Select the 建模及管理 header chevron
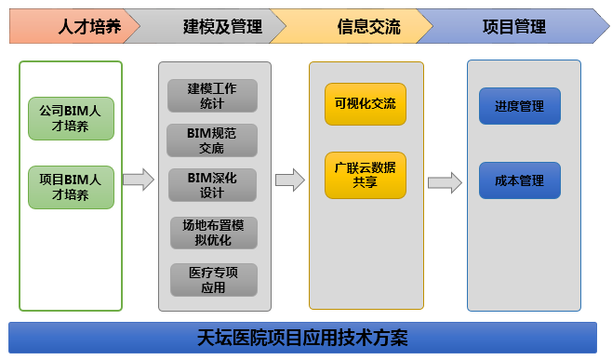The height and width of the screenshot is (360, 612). click(221, 26)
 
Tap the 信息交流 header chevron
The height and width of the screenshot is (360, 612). click(368, 26)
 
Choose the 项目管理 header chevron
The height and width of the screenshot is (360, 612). click(513, 26)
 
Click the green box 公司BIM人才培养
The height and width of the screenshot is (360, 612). click(71, 119)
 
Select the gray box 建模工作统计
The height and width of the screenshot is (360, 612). click(212, 97)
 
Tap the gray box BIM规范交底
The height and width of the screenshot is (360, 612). click(212, 140)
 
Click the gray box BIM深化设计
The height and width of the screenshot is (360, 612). click(212, 185)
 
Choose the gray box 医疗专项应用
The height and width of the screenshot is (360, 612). click(213, 279)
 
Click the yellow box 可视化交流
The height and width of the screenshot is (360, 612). click(366, 104)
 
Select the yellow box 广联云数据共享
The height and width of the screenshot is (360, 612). click(366, 175)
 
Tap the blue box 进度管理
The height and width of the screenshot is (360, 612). click(520, 106)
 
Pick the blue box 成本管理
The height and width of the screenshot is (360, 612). click(520, 180)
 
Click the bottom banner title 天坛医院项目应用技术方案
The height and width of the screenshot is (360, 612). click(303, 337)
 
